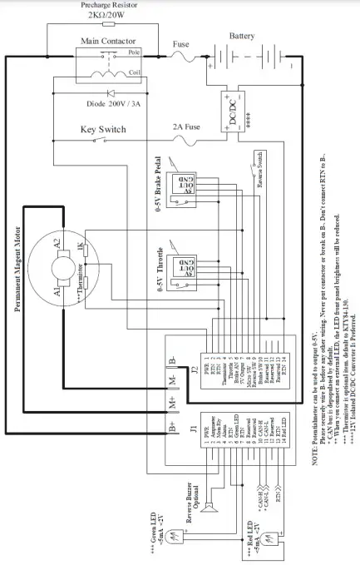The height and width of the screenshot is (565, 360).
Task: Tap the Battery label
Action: (x=243, y=37)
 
